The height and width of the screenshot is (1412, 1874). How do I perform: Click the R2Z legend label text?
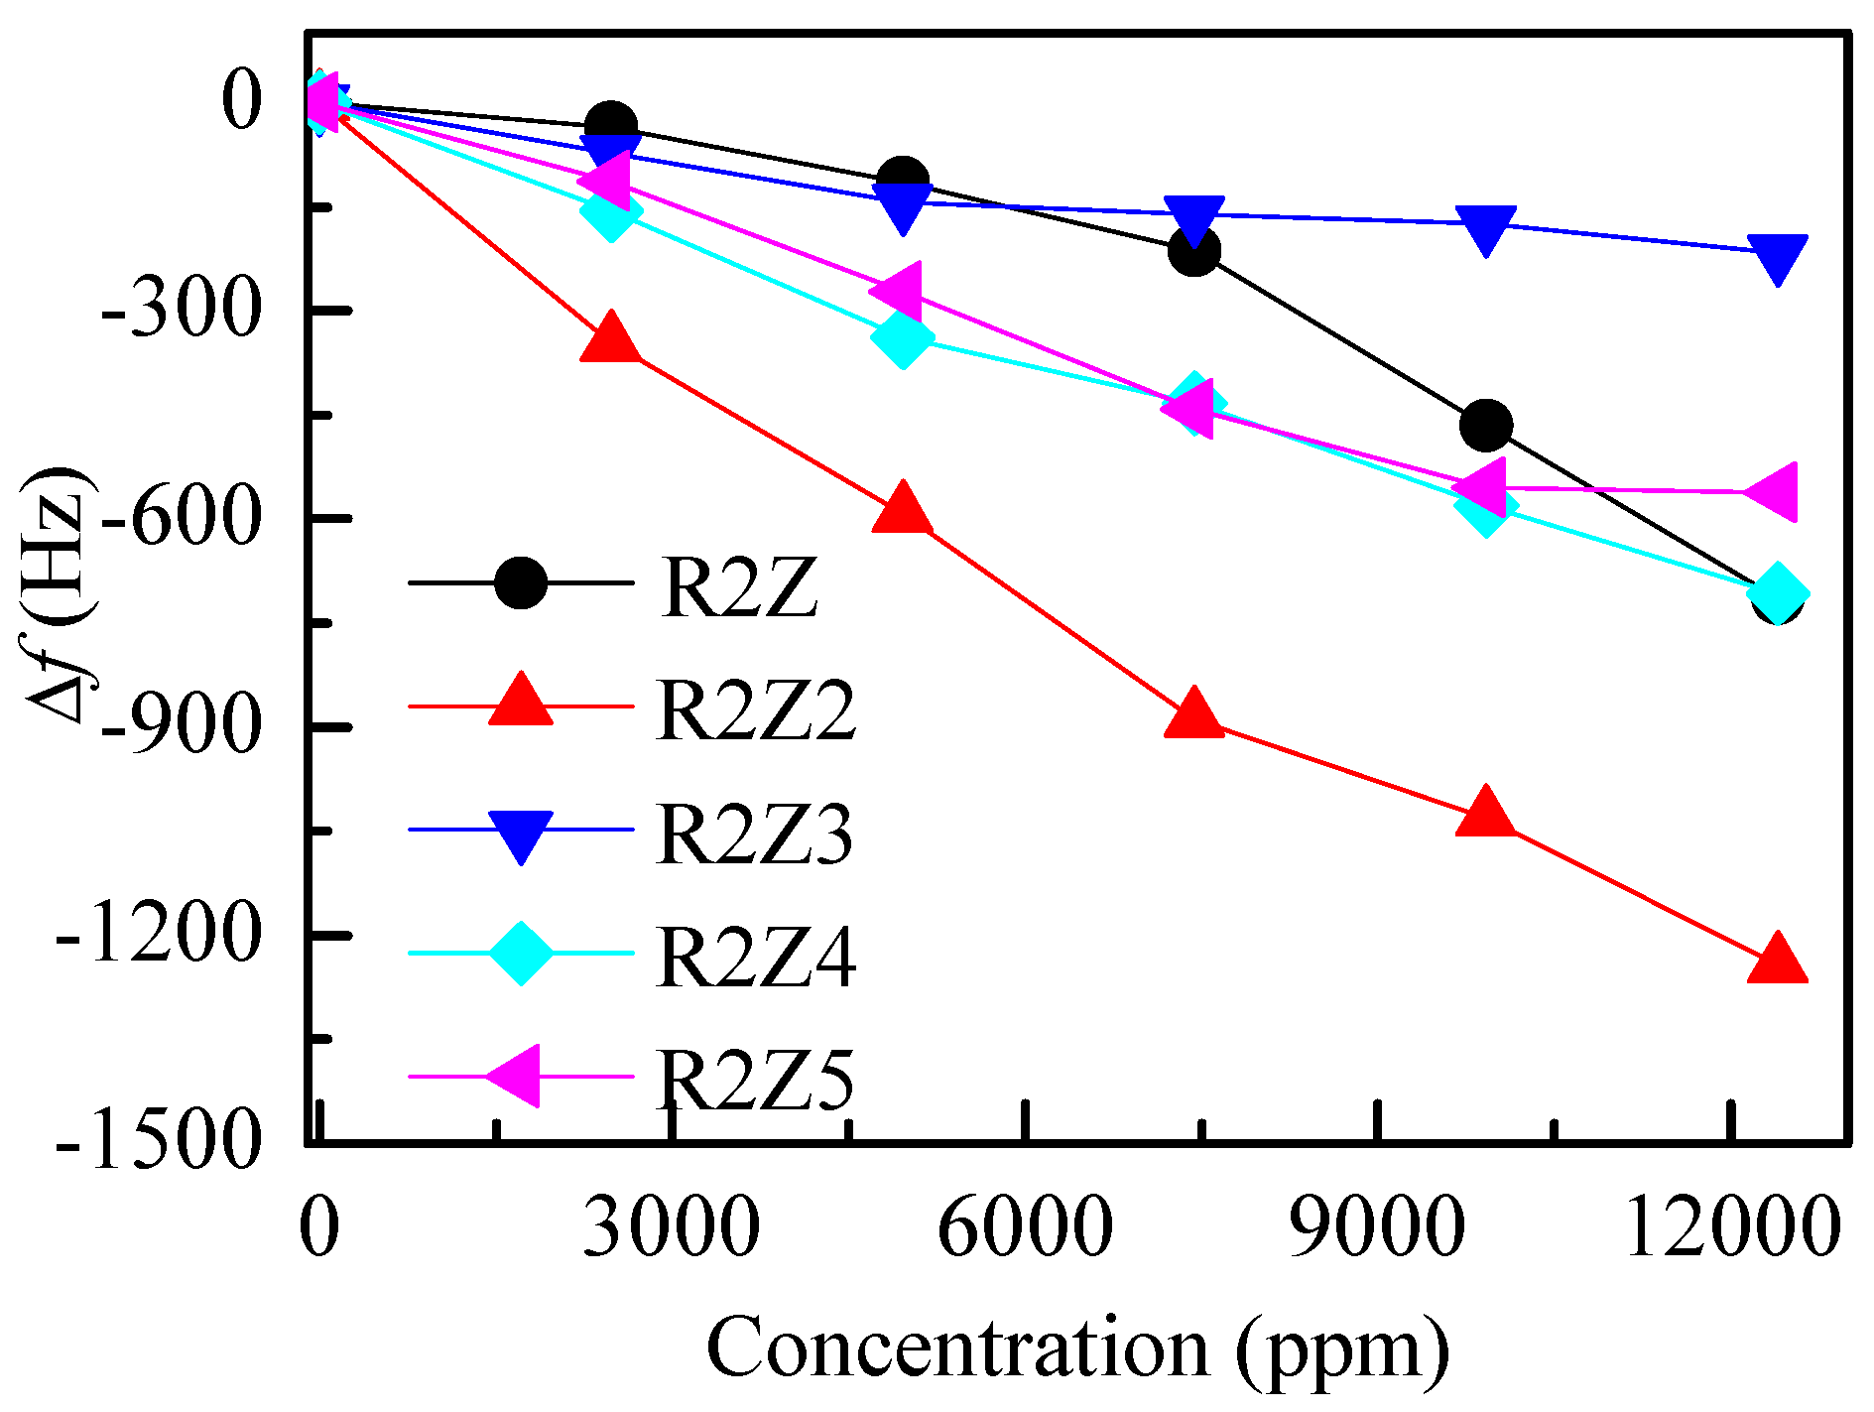click(739, 588)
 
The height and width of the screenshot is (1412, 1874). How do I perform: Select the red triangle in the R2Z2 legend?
click(521, 703)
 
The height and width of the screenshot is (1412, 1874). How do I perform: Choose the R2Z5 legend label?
click(754, 1081)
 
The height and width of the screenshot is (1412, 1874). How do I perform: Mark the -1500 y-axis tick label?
click(159, 1141)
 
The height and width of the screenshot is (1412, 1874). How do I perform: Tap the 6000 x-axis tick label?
click(1024, 1228)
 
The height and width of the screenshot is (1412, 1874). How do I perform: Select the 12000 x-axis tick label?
click(1732, 1228)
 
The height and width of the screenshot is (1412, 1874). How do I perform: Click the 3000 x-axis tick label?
click(671, 1228)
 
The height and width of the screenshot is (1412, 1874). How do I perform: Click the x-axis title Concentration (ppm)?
click(1077, 1348)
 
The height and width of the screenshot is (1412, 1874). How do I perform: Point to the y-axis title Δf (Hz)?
click(62, 593)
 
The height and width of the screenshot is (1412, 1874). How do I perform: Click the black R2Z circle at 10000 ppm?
click(1485, 427)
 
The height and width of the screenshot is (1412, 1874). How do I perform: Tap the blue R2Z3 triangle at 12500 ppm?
click(1777, 257)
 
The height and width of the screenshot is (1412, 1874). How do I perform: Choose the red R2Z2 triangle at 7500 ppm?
click(1193, 713)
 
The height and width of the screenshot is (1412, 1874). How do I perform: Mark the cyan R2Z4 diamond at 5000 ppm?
click(902, 338)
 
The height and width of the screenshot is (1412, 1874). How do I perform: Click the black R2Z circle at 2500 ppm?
click(611, 127)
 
